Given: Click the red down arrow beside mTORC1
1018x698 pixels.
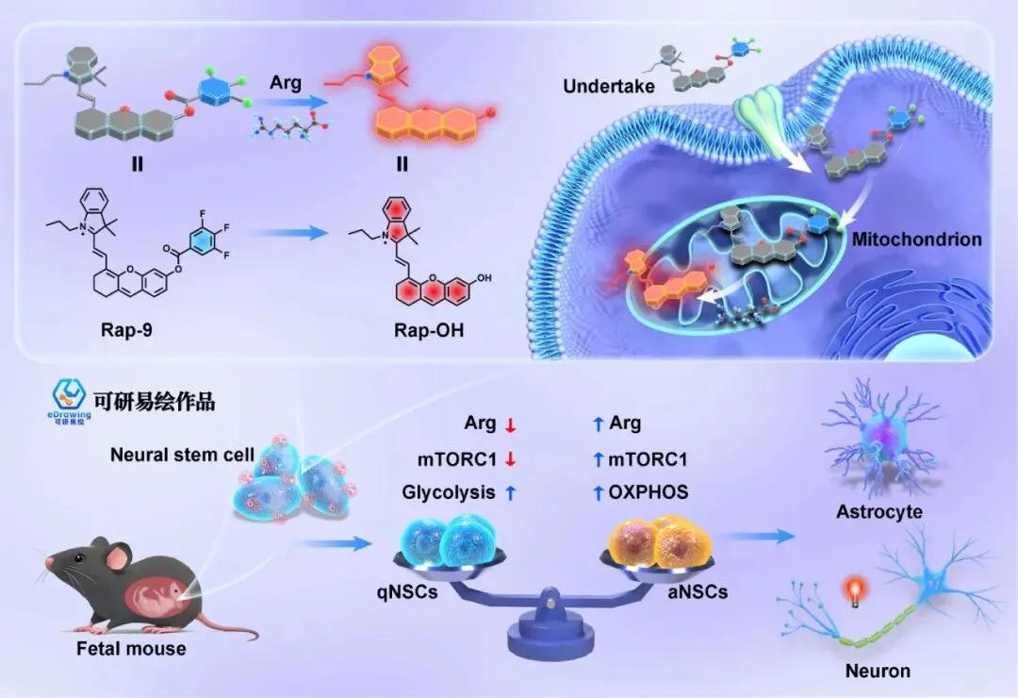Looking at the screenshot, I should coord(510,459).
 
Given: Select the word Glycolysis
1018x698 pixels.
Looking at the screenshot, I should coord(448,491).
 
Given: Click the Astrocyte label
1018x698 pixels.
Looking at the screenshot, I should coord(878,512).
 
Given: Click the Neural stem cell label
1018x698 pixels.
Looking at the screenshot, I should coord(182,454).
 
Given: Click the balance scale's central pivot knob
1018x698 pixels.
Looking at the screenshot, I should coord(546,596).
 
